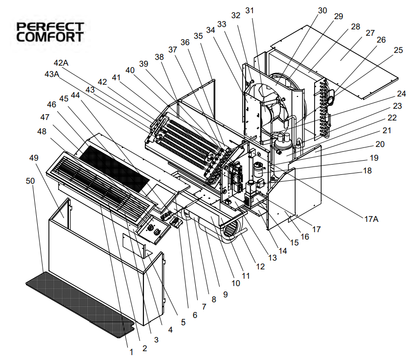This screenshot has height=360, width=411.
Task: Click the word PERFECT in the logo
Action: [x=50, y=27]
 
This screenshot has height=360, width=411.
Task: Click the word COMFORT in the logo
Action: [x=50, y=37]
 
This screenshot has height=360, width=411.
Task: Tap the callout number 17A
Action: [x=371, y=219]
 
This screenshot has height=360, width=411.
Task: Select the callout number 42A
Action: [x=61, y=63]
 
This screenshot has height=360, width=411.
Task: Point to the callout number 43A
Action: [x=52, y=74]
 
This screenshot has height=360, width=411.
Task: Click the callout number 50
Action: [x=30, y=181]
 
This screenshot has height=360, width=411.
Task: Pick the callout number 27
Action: [x=370, y=33]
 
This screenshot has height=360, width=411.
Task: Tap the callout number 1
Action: [x=132, y=352]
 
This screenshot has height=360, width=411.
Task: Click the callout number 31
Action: [x=250, y=10]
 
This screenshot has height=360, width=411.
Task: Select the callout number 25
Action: [x=398, y=50]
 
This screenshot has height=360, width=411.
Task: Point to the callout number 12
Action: [x=260, y=266]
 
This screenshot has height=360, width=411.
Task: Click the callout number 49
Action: [x=34, y=158]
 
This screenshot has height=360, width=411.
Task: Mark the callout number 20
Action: [x=380, y=144]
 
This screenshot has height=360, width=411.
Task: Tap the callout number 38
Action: [x=159, y=57]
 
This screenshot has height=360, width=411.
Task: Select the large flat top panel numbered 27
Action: [x=334, y=62]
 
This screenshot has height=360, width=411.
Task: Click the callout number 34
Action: [x=210, y=30]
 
